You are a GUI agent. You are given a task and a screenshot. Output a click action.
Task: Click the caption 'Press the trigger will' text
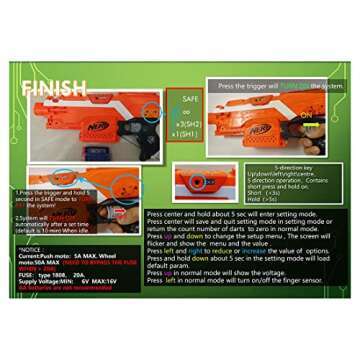[x=249, y=86]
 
